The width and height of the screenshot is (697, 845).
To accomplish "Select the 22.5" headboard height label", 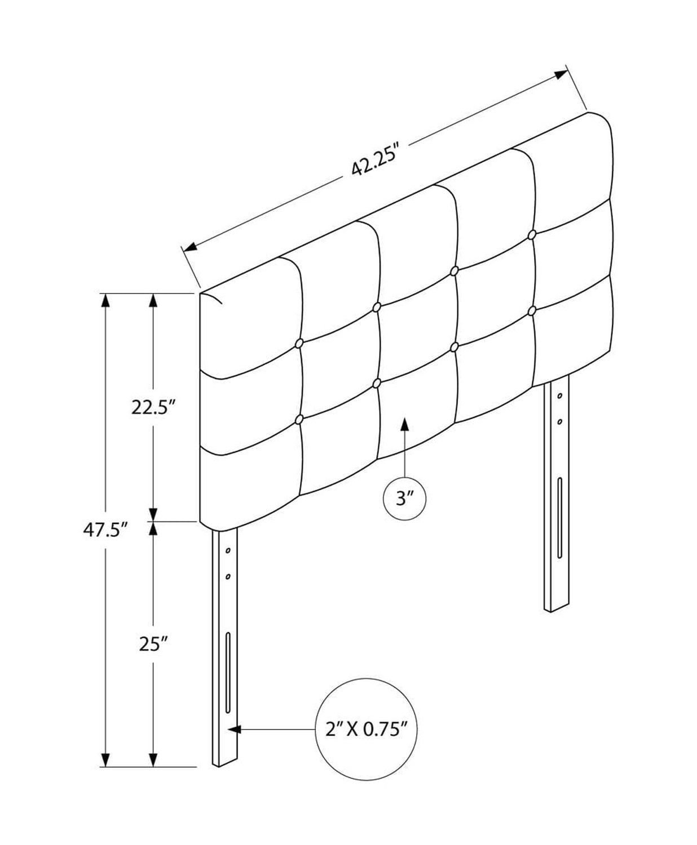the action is [153, 407].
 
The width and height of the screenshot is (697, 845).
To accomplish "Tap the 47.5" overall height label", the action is [105, 530].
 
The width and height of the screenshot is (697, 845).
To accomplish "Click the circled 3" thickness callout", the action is [404, 499].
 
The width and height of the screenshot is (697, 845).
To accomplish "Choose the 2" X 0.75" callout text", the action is [366, 730].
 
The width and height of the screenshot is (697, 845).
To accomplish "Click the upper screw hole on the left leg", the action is [228, 550].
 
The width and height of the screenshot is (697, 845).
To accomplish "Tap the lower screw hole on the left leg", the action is [228, 576].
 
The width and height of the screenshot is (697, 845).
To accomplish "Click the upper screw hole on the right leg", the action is [559, 396].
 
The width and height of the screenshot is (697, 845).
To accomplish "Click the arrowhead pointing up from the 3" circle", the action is [404, 425].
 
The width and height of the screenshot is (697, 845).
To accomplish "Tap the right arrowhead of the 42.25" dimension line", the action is [561, 74].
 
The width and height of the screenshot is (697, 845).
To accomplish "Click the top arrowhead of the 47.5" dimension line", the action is [105, 301].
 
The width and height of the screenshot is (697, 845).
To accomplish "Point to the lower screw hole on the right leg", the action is [559, 422].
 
